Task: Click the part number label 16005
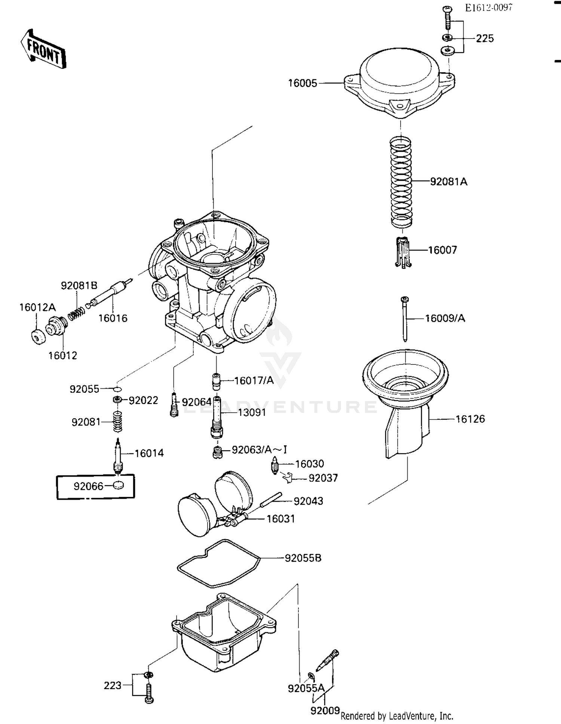[302, 83]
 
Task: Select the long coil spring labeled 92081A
[401, 182]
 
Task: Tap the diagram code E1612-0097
[488, 8]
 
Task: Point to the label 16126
[470, 419]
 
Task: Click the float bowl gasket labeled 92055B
[219, 563]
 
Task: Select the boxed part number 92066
[88, 486]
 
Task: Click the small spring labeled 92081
[118, 422]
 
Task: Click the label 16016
[113, 318]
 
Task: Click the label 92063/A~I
[259, 450]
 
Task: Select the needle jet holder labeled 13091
[217, 417]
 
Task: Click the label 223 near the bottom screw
[113, 685]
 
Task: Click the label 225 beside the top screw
[485, 39]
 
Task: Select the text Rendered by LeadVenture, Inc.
[397, 716]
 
